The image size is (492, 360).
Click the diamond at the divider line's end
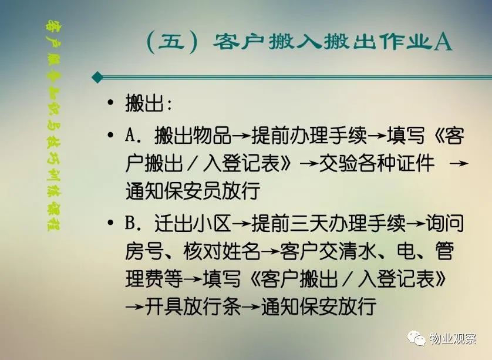pos(97,77)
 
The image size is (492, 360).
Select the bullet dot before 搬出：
pos(110,102)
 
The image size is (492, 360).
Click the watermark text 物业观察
pos(453,339)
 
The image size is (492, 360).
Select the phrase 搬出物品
pos(193,136)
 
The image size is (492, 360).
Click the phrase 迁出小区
pos(193,223)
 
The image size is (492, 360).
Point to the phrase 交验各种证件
pos(376,163)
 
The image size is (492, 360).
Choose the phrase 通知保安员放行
pos(193,190)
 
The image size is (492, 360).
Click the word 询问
pos(444,223)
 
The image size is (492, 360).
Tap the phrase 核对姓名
pos(222,251)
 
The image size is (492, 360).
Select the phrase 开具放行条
pos(193,306)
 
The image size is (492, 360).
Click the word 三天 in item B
pos(309,223)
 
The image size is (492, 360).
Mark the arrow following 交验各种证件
pos(459,163)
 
